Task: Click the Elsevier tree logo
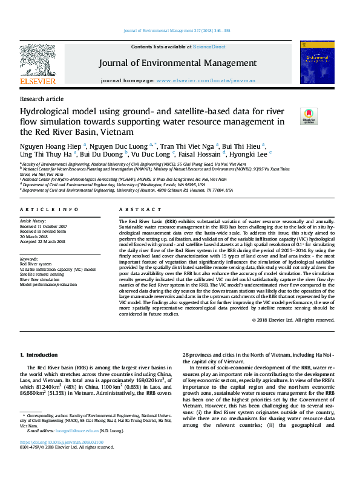coord(38,60)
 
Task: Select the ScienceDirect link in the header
coord(209,47)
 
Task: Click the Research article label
coord(42,99)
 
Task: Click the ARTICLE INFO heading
coord(49,209)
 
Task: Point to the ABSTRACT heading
coord(132,209)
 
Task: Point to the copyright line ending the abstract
coord(293,320)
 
